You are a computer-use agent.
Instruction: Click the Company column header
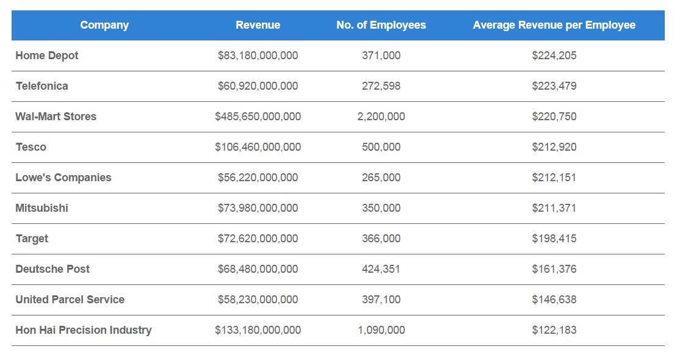pyautogui.click(x=104, y=25)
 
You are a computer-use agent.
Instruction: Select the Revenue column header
pyautogui.click(x=258, y=25)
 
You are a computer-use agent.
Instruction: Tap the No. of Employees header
pyautogui.click(x=381, y=25)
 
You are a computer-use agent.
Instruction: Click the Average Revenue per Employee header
pyautogui.click(x=554, y=25)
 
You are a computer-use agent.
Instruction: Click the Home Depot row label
pyautogui.click(x=47, y=56)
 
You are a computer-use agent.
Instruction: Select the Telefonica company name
pyautogui.click(x=42, y=86)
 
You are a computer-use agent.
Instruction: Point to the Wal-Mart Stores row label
pyautogui.click(x=56, y=117)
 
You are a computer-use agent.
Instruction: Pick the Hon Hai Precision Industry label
pyautogui.click(x=83, y=330)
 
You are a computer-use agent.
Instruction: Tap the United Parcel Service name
pyautogui.click(x=70, y=300)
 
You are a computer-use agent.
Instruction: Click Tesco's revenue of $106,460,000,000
pyautogui.click(x=258, y=147)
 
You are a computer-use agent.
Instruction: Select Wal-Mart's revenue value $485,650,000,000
pyautogui.click(x=258, y=117)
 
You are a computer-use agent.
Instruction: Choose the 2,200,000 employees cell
pyautogui.click(x=381, y=117)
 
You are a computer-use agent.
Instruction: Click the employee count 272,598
pyautogui.click(x=381, y=86)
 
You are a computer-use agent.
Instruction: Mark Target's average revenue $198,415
pyautogui.click(x=554, y=239)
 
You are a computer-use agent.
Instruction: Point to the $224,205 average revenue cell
pyautogui.click(x=554, y=56)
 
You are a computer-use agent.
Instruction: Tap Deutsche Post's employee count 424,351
pyautogui.click(x=381, y=269)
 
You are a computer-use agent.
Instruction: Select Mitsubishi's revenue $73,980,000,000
pyautogui.click(x=258, y=208)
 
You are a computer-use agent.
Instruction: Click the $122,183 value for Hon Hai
pyautogui.click(x=554, y=330)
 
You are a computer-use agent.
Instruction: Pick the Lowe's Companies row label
pyautogui.click(x=63, y=178)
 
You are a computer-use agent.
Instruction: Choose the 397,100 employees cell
pyautogui.click(x=381, y=300)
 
